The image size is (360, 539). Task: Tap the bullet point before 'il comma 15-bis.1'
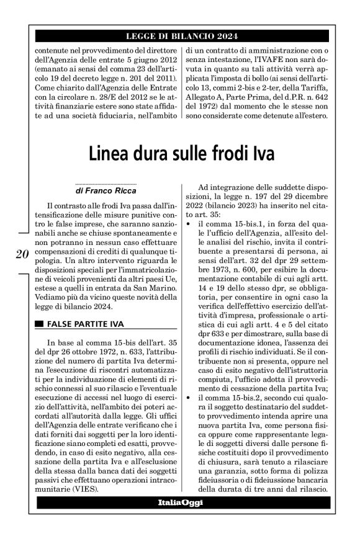click(x=188, y=223)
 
